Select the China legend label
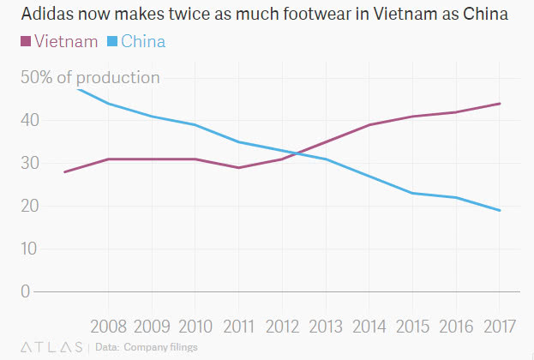click(x=143, y=41)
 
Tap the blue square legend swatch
click(x=111, y=41)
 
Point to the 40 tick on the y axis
click(x=31, y=120)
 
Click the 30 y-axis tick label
click(x=31, y=163)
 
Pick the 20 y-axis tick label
click(x=31, y=206)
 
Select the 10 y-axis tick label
click(x=31, y=249)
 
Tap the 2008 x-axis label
click(x=109, y=327)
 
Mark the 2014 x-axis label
click(x=370, y=327)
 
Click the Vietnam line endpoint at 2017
click(x=501, y=104)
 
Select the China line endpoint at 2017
click(x=501, y=210)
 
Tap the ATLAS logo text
click(x=51, y=347)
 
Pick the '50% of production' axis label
click(x=90, y=77)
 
